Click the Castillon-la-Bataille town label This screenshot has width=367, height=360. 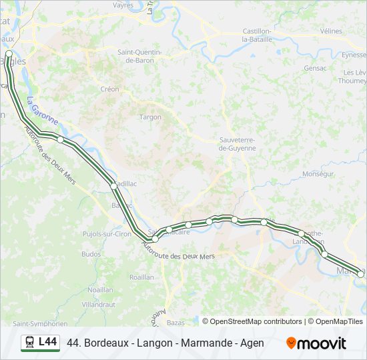tap(257, 35)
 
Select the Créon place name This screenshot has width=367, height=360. tap(109, 89)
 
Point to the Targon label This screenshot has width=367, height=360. tap(150, 117)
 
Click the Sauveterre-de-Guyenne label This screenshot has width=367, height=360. tap(237, 144)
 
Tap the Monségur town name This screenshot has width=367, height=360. tap(318, 173)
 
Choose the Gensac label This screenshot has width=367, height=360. tap(315, 67)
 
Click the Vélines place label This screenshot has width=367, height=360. tap(331, 31)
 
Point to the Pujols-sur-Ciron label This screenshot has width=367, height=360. tap(107, 234)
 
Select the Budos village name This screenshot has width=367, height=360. tap(91, 253)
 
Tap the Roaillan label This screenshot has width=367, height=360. tap(141, 277)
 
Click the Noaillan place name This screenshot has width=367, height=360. tap(100, 289)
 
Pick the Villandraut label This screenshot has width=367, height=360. tap(99, 303)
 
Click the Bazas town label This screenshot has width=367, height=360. tap(175, 322)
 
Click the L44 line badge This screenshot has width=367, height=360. tap(40, 343)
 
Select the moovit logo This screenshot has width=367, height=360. tap(316, 343)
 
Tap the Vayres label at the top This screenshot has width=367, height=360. tap(123, 5)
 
